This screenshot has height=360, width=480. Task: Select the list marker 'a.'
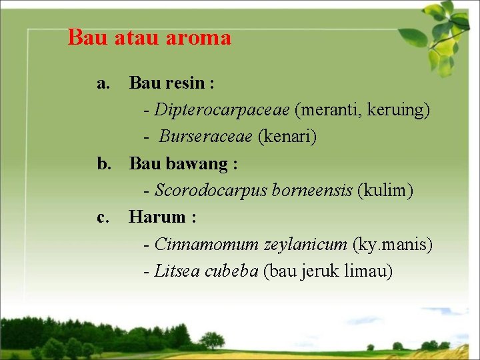tap(103, 83)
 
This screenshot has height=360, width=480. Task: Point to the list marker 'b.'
tap(104, 163)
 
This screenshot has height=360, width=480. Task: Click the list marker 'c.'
tap(103, 217)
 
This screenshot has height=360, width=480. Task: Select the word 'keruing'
tap(398, 110)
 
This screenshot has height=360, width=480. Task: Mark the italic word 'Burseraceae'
tap(205, 137)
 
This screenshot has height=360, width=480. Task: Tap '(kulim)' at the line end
tap(385, 191)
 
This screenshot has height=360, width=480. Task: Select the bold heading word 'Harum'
tap(157, 217)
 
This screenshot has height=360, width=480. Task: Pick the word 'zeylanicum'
tap(305, 245)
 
